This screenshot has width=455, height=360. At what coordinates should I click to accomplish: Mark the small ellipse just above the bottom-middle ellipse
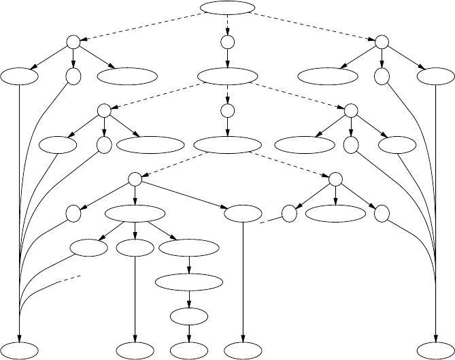pos(188,316)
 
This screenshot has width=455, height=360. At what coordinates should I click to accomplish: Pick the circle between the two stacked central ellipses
pos(227,110)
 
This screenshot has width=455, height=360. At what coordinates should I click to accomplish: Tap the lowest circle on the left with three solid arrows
pos(135,178)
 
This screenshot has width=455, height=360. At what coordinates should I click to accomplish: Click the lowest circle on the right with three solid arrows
pos(335,178)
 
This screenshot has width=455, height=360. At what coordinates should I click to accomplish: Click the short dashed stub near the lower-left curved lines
pos(73,278)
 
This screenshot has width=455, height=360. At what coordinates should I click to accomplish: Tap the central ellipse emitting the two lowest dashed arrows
pos(227,144)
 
